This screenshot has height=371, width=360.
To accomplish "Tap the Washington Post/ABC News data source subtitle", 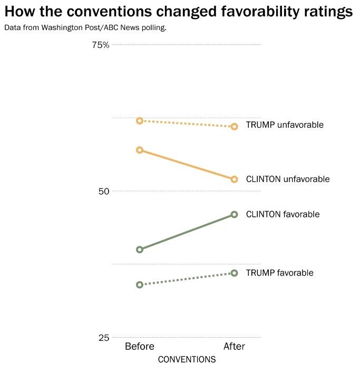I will click(85, 27).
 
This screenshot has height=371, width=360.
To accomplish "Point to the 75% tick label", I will click(100, 45).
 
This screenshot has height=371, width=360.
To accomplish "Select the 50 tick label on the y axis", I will click(103, 191).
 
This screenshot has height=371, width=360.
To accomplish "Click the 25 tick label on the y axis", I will click(103, 337).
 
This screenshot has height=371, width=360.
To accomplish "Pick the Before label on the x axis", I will click(140, 346).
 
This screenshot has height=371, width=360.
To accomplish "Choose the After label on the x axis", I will click(235, 346).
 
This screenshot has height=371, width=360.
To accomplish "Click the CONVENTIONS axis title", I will click(187, 359).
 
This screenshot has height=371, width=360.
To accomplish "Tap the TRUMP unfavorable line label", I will click(285, 125).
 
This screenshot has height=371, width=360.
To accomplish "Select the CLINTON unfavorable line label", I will click(288, 179).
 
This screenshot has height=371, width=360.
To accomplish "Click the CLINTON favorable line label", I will click(283, 214).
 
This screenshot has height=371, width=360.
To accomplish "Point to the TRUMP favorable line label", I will click(280, 273).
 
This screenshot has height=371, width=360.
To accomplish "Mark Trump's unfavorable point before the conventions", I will click(140, 121).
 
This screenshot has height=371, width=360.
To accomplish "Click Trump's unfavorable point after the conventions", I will click(235, 127).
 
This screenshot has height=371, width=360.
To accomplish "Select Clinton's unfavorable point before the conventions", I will click(140, 150).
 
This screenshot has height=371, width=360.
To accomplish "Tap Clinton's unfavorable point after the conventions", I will click(235, 179).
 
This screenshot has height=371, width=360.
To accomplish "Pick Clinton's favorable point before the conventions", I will click(140, 249).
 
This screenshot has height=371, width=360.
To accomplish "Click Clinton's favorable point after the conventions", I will click(235, 214).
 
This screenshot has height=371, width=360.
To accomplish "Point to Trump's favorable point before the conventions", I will click(140, 284).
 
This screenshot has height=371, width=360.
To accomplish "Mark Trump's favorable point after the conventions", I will click(235, 273).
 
